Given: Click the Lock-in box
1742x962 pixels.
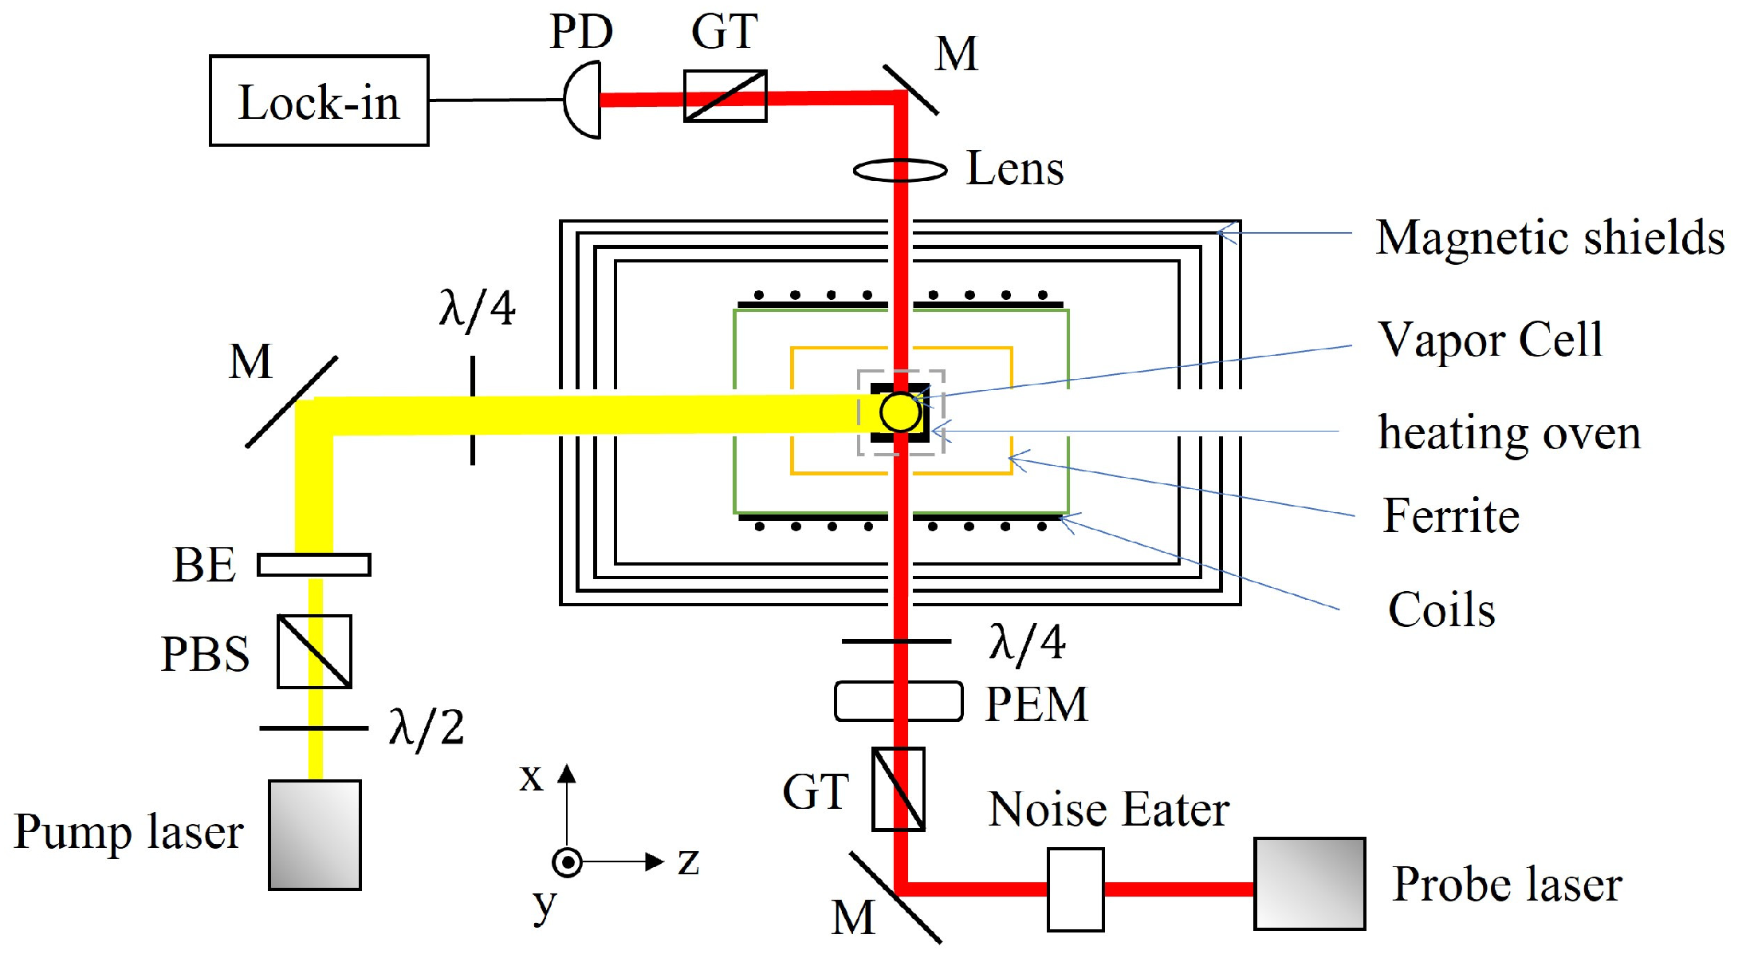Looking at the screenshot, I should coord(319,101).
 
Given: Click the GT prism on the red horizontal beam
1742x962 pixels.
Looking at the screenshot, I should coord(725,97).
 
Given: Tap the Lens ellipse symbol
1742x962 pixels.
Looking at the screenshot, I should coord(900,170).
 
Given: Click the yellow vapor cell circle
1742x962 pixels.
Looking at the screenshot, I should coord(900,412).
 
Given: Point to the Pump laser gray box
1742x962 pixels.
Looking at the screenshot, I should coord(315,834).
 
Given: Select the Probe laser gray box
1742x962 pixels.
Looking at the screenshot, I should coord(1309,884).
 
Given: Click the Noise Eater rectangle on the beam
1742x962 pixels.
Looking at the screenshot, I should coord(1075,889).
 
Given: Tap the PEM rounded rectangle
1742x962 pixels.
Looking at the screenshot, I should coord(899,702).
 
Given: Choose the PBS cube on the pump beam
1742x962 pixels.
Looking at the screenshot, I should coord(314,652).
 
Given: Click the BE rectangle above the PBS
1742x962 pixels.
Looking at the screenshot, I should coord(314,565).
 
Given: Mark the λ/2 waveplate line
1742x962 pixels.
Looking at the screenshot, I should coord(314,728).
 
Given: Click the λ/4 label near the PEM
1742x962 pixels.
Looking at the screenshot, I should coord(1027,643).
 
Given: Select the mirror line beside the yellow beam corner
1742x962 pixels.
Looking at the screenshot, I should coord(291,402).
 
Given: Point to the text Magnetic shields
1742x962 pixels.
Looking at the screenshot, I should coord(1550,238).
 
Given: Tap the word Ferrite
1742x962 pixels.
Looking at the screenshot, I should coord(1451,515).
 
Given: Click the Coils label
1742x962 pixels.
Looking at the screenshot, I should coord(1441,610).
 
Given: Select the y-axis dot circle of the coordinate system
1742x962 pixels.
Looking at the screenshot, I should coord(567,862).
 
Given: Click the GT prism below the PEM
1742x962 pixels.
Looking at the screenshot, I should coord(898,789).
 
